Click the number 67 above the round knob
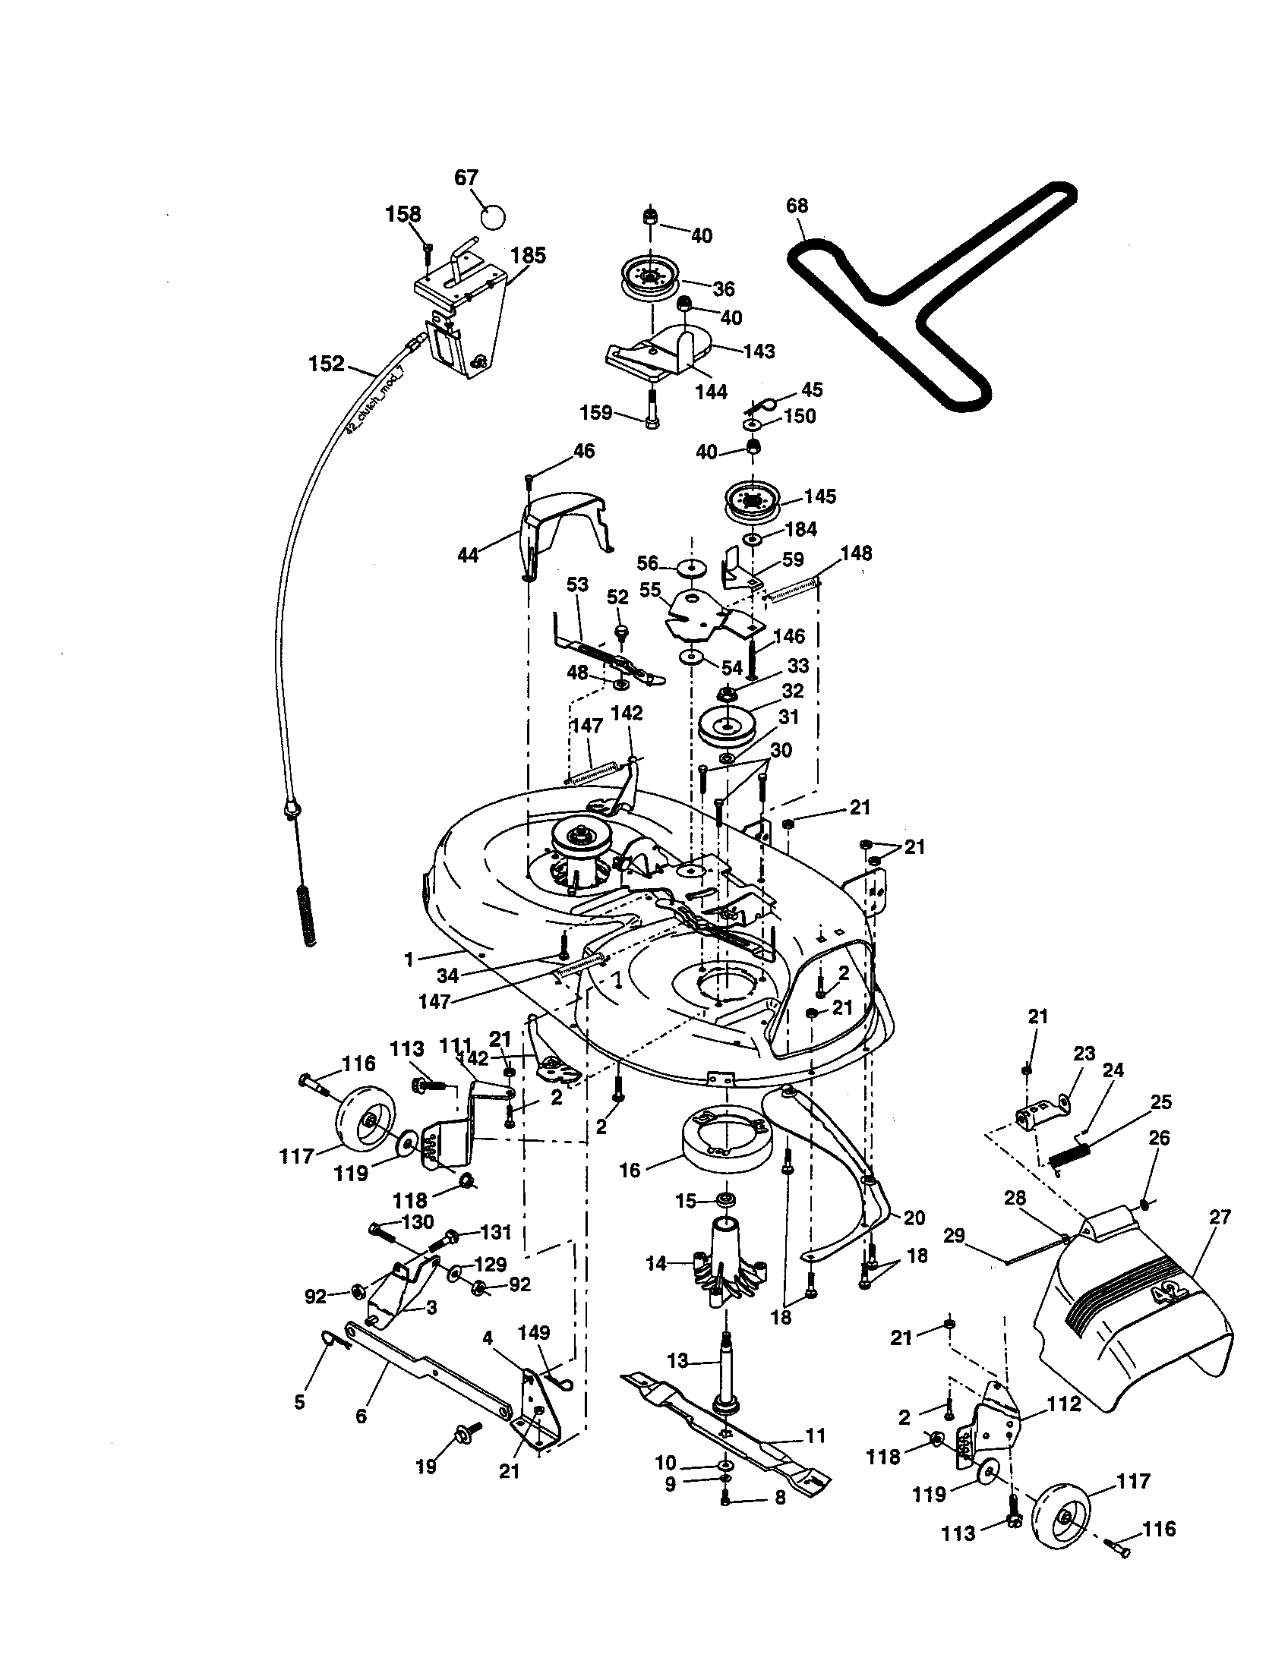tap(466, 178)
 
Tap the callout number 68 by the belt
tap(796, 206)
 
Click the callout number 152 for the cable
tap(327, 364)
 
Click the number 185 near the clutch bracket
tap(529, 255)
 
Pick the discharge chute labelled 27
tap(1132, 1316)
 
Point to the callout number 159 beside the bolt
tap(597, 413)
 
